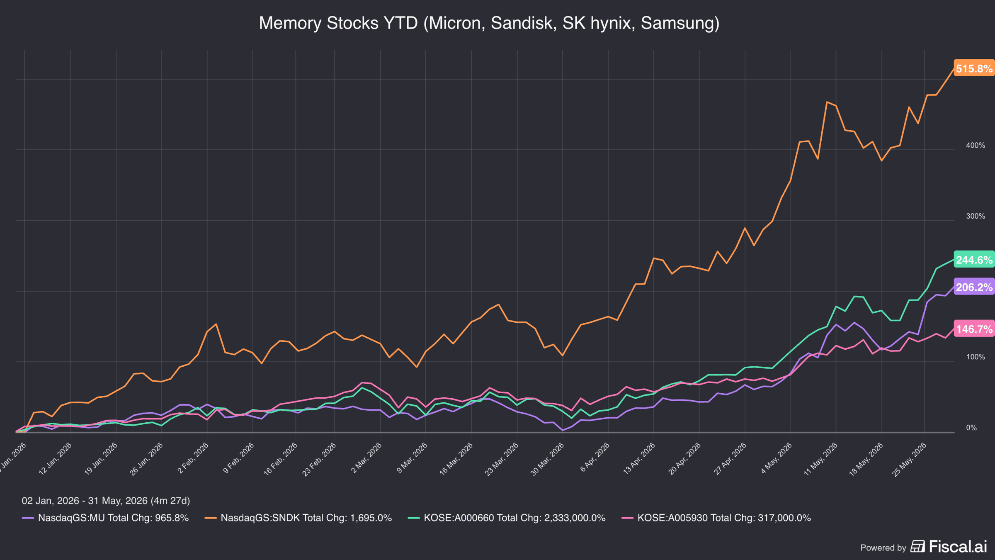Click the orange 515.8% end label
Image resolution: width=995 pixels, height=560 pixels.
974,68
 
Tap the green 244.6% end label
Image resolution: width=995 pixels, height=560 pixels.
974,260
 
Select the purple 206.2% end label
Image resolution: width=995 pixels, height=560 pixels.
974,287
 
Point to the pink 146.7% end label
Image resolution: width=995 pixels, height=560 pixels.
974,329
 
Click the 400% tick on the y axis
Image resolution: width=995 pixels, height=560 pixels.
976,146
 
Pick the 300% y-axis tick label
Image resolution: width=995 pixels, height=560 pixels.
976,216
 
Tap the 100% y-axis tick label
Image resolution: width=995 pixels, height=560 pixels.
976,357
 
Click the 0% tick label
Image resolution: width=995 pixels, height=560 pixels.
971,428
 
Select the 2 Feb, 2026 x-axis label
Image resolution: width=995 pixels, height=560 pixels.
193,458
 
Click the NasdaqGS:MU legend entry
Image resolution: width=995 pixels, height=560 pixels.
105,518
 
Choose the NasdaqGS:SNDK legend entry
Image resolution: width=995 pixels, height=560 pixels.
298,518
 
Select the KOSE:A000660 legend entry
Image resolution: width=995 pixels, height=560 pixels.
507,518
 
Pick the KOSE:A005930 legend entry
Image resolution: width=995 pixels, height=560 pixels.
716,518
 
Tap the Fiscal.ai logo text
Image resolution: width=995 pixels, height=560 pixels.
958,547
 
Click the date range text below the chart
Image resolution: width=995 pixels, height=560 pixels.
106,501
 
